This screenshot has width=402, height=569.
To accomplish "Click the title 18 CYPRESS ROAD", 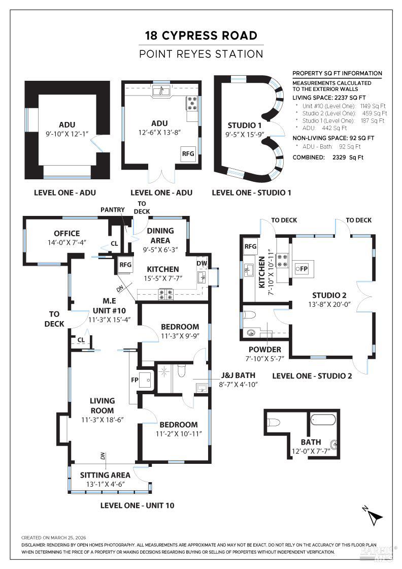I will coord(201,36).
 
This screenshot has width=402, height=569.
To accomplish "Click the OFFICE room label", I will coord(66,234).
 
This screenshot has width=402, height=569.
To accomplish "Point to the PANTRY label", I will coord(113,209).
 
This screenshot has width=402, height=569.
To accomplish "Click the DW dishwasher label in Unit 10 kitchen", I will coord(202,263).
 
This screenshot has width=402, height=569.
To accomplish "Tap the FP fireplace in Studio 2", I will coord(304,268).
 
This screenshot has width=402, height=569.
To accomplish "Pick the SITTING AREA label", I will coord(105,475).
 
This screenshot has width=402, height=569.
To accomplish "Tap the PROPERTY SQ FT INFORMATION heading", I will coord(337,73).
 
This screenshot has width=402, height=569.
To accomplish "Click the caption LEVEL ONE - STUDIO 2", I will coord(312,376).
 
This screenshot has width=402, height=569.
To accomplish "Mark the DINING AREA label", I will coord(160,235).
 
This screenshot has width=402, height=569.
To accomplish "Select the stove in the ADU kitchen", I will coord(192,104).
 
